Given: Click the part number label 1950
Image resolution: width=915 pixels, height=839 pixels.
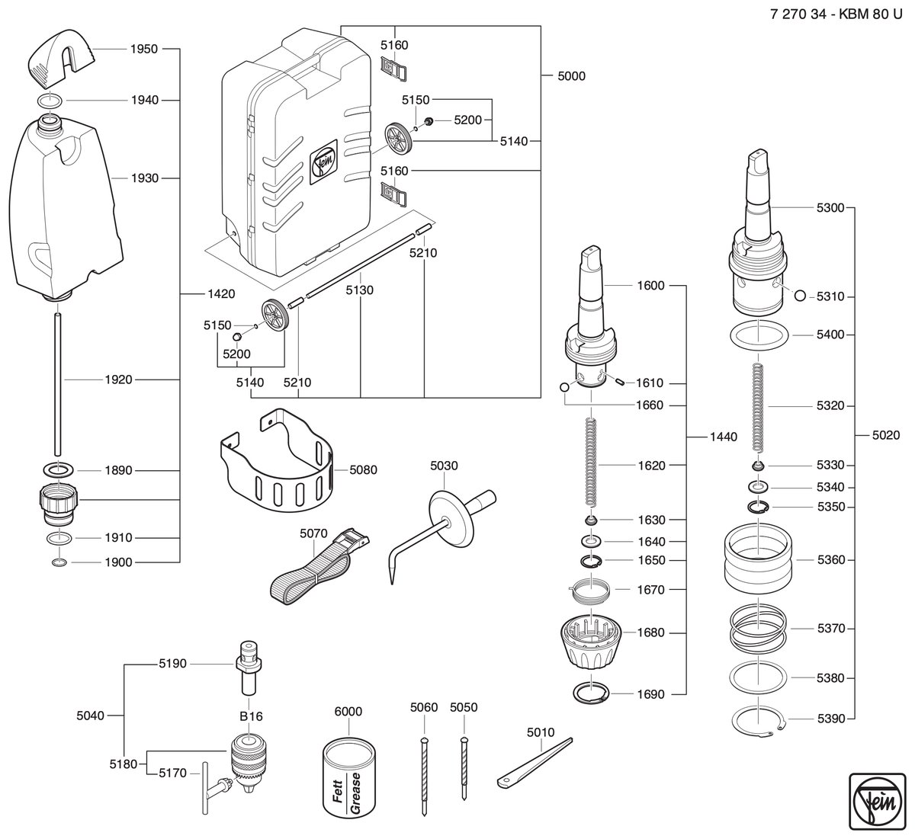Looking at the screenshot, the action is pos(143,49).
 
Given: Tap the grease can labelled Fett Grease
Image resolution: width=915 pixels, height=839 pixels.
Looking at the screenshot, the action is pos(349,780).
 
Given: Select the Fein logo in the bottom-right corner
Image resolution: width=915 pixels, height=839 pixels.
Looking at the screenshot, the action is pos(878,801).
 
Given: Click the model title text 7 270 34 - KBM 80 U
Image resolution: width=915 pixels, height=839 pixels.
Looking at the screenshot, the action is pos(836,14).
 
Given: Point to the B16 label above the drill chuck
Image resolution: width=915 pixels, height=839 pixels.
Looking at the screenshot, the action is pos(251,716).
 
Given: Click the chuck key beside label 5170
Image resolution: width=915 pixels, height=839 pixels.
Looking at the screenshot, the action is pos(214,789).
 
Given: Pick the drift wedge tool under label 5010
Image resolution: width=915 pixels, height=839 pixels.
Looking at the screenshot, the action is pos(534,764).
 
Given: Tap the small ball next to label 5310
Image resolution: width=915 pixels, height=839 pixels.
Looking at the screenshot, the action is pos(800,296).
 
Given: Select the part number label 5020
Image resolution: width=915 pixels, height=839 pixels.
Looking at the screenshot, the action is pos(886,435).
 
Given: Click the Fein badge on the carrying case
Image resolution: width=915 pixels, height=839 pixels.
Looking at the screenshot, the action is pos(323,162).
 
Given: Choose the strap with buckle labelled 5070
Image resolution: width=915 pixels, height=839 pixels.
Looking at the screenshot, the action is pos(319,567).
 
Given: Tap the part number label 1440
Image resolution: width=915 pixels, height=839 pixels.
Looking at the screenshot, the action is pos(724,437).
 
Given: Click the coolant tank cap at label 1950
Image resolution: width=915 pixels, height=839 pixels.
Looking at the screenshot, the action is pos(63,59).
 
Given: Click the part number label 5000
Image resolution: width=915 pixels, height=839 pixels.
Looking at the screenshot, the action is pos(572,75).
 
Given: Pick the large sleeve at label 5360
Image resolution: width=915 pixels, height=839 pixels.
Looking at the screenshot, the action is pos(758,559).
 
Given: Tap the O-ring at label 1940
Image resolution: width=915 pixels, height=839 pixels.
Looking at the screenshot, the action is pos(50,101).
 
